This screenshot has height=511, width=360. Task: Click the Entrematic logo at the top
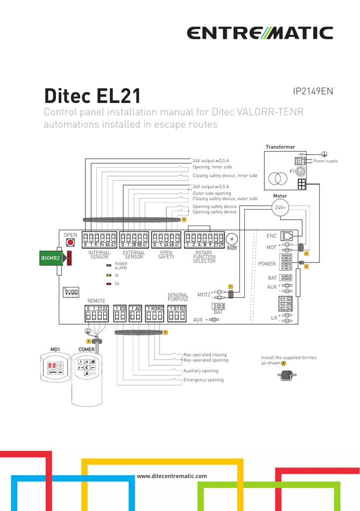click(x=260, y=33)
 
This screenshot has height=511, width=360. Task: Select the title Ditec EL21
click(x=92, y=95)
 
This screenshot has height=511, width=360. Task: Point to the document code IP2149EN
click(x=313, y=91)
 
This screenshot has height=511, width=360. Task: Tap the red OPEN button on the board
click(x=70, y=243)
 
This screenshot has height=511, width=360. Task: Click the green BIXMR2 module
click(x=50, y=258)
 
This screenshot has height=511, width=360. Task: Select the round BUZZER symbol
click(x=232, y=239)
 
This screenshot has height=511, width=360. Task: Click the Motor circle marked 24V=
click(x=280, y=207)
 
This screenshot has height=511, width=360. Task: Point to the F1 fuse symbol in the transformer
click(x=300, y=171)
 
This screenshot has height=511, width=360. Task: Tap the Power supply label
click(x=325, y=161)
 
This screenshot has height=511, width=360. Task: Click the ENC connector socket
click(x=288, y=236)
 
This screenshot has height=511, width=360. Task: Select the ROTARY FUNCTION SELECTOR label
click(x=204, y=257)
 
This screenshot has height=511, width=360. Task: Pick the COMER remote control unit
click(x=87, y=367)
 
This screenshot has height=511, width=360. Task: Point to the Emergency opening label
click(x=203, y=380)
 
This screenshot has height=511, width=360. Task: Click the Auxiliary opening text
click(x=200, y=371)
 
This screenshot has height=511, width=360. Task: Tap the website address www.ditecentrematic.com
click(x=172, y=476)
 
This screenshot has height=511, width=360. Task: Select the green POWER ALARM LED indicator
click(x=108, y=265)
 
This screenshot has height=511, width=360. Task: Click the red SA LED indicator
click(x=108, y=283)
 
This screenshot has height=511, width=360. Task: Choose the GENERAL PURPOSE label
click(x=178, y=297)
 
